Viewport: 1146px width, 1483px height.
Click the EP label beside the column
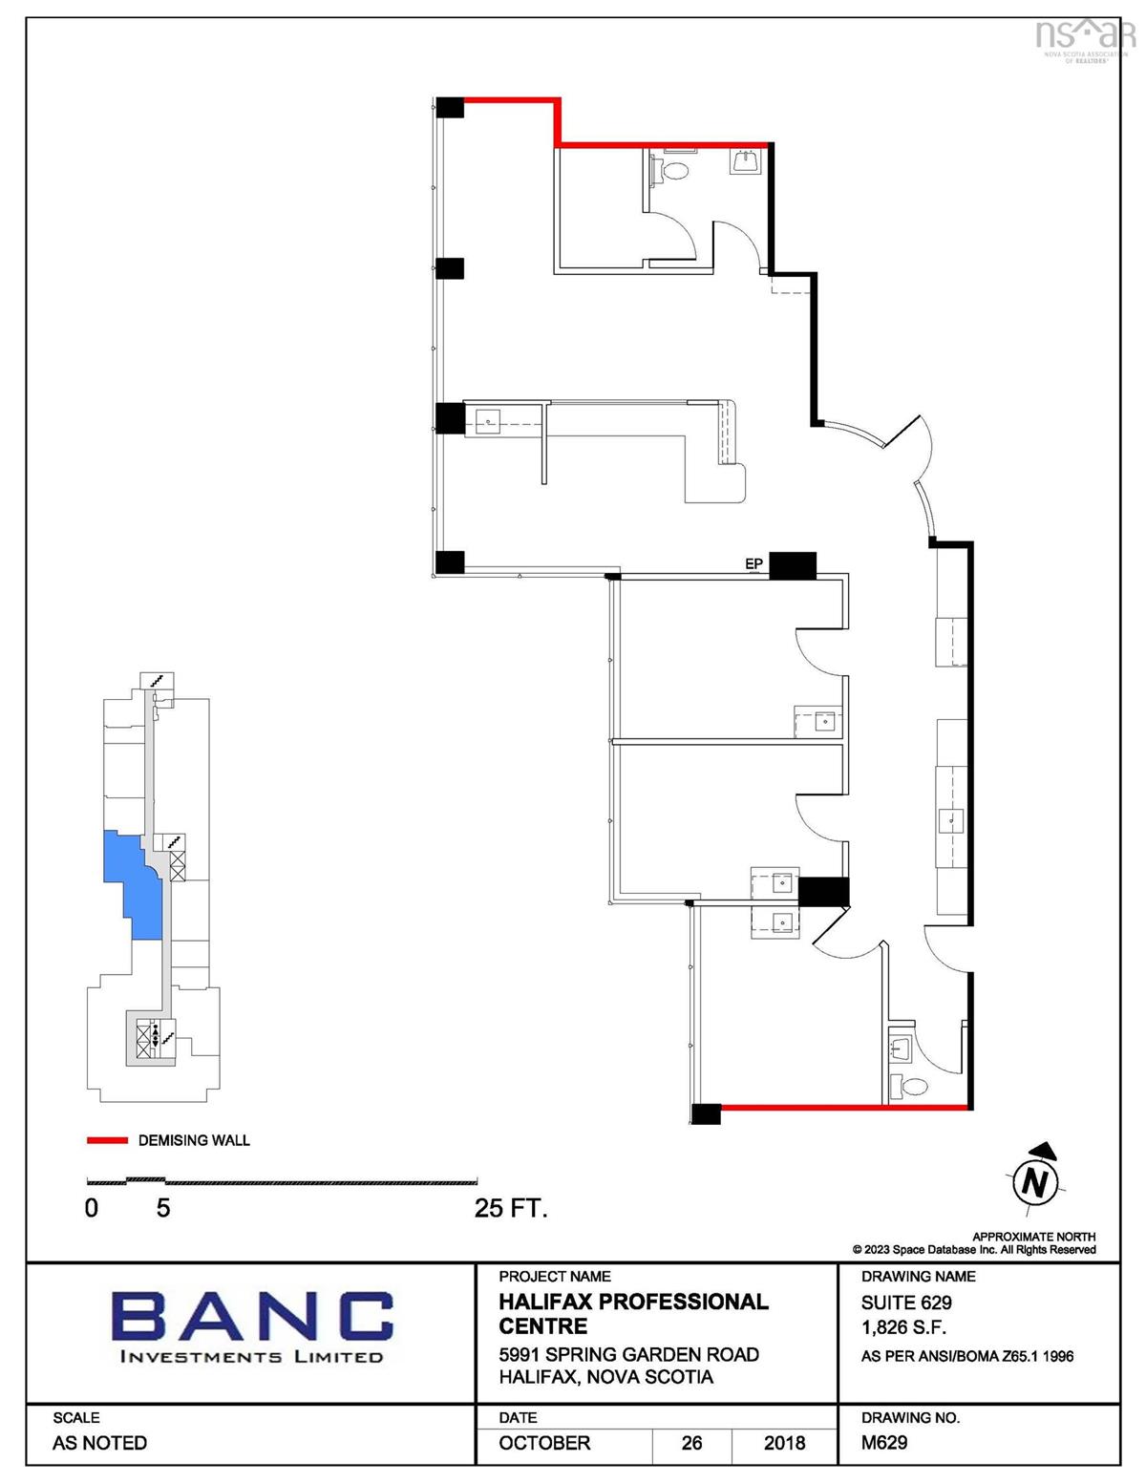coord(753,563)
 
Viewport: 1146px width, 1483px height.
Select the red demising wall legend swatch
coord(107,1140)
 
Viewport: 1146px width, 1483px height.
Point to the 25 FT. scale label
coord(511,1209)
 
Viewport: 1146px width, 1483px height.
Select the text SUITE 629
coord(905,1303)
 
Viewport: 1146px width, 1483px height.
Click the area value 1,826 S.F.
coord(903,1327)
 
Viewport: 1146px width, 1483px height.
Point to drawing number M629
coord(884,1442)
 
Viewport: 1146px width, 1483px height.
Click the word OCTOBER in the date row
coord(544,1443)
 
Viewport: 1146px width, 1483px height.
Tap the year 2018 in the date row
coord(784,1443)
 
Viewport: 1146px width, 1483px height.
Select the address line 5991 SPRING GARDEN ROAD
coord(628,1354)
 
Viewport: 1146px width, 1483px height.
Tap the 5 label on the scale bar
coord(162,1209)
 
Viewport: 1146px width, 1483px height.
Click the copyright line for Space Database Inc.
coord(974,1250)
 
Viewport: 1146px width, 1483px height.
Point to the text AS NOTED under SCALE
coord(99,1443)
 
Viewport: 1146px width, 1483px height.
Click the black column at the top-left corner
coord(450,107)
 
